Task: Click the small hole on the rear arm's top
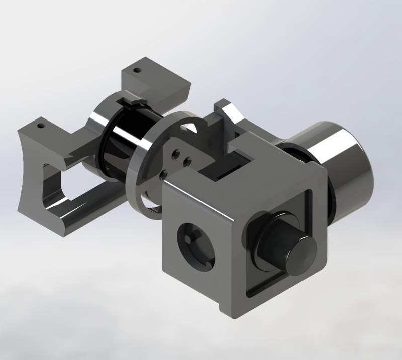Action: click(137, 71)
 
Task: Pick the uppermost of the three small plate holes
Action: click(177, 151)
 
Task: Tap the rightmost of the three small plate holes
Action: click(187, 161)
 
